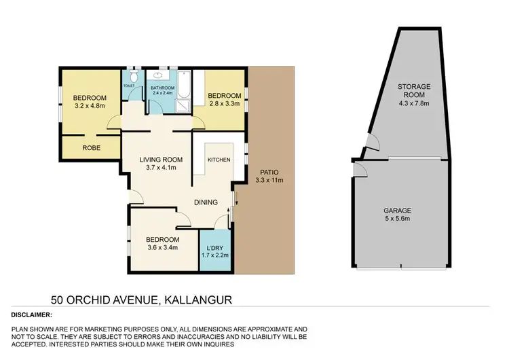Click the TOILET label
pos(128,86)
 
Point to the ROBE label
pos(91,147)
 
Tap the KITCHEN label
pos(219,160)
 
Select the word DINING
pos(206,202)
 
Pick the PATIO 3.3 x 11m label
pos(270,176)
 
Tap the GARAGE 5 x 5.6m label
pos(400,215)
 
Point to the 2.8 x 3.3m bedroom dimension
pos(223,104)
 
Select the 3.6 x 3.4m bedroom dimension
pos(163,249)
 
